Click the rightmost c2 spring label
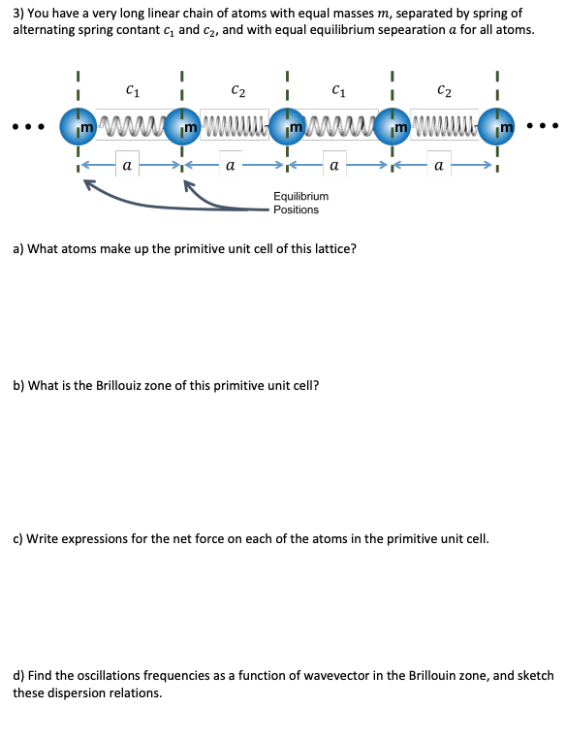[x=444, y=91]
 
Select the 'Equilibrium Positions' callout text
[x=299, y=203]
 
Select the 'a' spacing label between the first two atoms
[x=128, y=166]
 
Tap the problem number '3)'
[x=19, y=14]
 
